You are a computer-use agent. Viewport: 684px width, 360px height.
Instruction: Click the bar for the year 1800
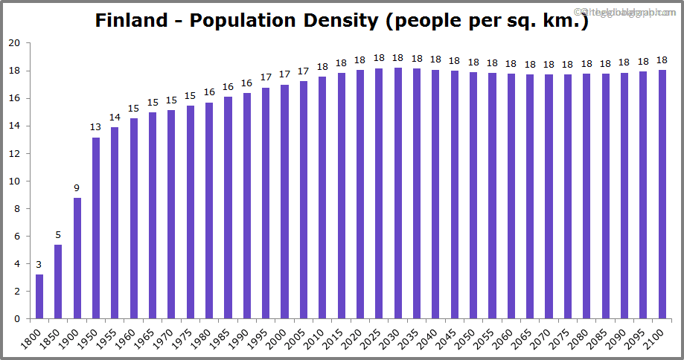pos(39,297)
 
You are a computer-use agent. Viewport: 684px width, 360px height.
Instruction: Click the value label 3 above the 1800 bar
pos(39,264)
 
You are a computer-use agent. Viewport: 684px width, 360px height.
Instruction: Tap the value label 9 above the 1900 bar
pos(77,188)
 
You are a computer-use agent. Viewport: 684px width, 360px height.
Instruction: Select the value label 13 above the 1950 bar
pos(95,127)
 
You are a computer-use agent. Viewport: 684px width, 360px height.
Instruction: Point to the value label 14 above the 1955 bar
pos(115,117)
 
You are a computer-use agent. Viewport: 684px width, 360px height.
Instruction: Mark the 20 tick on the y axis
pos(13,43)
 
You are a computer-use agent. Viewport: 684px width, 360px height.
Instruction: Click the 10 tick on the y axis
pos(13,181)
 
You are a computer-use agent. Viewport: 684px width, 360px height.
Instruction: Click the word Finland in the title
pos(131,20)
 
